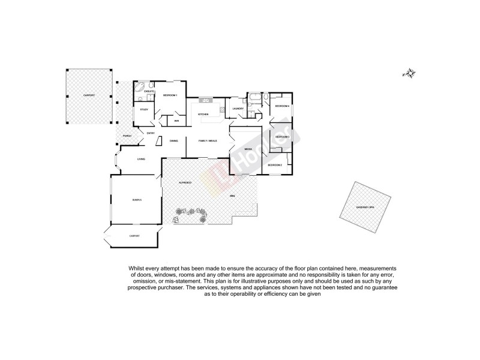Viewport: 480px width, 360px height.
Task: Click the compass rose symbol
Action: [x=410, y=74]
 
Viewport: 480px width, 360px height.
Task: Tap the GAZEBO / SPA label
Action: [x=364, y=207]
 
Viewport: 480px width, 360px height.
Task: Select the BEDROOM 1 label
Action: [x=170, y=96]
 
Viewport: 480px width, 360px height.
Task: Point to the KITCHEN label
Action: [x=203, y=113]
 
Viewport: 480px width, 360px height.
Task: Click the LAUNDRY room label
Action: [x=238, y=109]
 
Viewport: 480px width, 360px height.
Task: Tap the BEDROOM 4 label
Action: [x=282, y=106]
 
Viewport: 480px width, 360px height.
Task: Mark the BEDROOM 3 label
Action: [x=282, y=137]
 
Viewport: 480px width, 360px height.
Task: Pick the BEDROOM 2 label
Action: [x=275, y=164]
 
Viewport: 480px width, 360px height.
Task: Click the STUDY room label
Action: [x=144, y=109]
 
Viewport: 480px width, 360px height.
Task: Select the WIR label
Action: [x=177, y=121]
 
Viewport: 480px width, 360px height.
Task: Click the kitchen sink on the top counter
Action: [x=206, y=100]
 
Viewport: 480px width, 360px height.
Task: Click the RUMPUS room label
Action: [x=137, y=200]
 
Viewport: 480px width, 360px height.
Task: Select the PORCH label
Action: [x=127, y=136]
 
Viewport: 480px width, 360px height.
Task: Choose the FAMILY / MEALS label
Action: [x=208, y=140]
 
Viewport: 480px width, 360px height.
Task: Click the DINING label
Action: [x=173, y=140]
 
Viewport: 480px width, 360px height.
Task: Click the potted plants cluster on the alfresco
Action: [x=190, y=215]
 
